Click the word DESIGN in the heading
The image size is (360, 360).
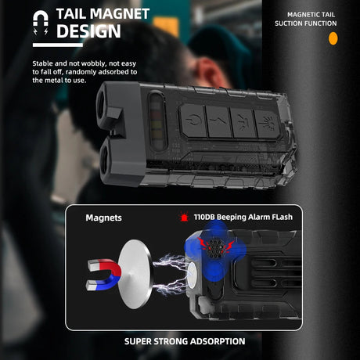[88, 31]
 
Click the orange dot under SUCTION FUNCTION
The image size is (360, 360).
[333, 38]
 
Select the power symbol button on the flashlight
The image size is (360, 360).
[193, 121]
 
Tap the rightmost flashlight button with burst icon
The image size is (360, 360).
[267, 124]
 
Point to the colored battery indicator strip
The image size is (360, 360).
[157, 121]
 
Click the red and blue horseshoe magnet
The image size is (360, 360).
[104, 275]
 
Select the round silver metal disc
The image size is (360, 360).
[135, 274]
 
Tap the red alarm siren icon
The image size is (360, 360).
[184, 217]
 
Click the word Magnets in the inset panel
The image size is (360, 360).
[103, 218]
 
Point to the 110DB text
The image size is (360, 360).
[204, 217]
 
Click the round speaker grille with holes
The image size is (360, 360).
[214, 249]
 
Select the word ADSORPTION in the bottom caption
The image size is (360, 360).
[218, 341]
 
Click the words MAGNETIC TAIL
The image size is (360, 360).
[311, 15]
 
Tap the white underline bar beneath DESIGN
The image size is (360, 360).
[58, 45]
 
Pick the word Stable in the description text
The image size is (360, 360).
[42, 63]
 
